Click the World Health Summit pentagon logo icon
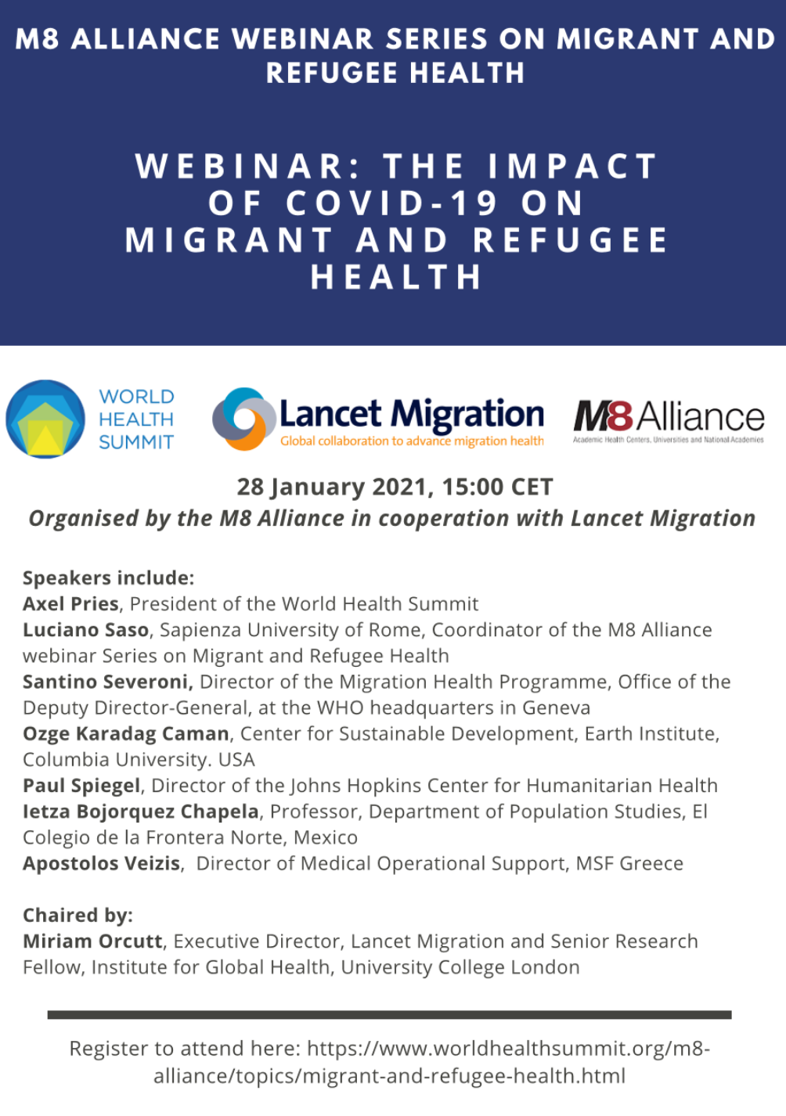click(x=45, y=419)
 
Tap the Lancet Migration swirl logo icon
click(x=243, y=419)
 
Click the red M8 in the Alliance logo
click(x=603, y=416)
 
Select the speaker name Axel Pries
click(x=70, y=604)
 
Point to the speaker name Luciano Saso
click(x=85, y=630)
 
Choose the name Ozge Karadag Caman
click(x=125, y=733)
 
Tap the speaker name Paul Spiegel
click(x=81, y=785)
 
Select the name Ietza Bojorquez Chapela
click(x=141, y=811)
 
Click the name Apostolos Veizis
click(x=101, y=863)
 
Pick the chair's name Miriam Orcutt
click(x=92, y=941)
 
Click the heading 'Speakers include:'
click(x=108, y=578)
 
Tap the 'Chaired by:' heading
click(x=78, y=915)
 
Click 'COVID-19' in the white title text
click(x=391, y=203)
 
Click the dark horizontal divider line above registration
click(x=389, y=1015)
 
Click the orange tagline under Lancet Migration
click(x=412, y=441)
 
